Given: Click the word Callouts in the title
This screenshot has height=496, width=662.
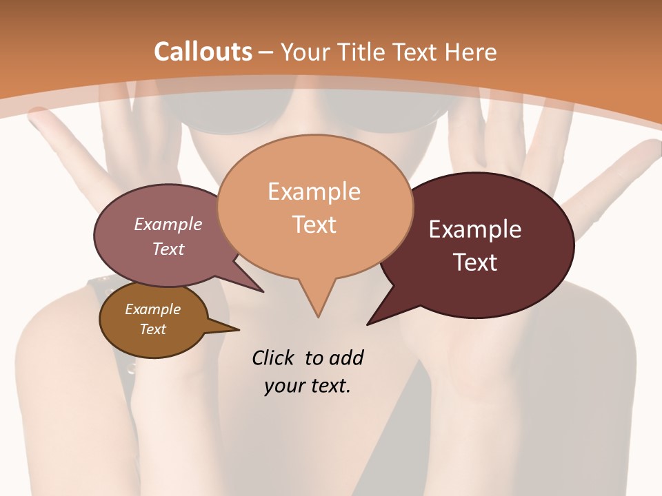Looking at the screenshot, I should pyautogui.click(x=203, y=52).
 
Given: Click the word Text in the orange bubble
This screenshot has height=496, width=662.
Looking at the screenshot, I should pyautogui.click(x=314, y=224).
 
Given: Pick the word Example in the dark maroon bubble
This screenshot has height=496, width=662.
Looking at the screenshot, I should pyautogui.click(x=475, y=229).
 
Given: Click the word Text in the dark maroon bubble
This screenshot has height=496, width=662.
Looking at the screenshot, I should pyautogui.click(x=476, y=262).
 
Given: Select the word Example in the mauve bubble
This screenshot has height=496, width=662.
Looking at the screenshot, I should pyautogui.click(x=168, y=224).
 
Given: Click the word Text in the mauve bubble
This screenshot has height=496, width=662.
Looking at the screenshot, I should pyautogui.click(x=168, y=249).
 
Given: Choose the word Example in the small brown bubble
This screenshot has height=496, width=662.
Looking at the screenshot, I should pyautogui.click(x=152, y=309).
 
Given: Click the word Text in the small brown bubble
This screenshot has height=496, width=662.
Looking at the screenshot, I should pyautogui.click(x=152, y=329).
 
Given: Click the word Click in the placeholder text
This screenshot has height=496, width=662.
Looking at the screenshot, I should pyautogui.click(x=274, y=358).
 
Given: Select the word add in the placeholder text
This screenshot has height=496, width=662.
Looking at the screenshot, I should pyautogui.click(x=346, y=358).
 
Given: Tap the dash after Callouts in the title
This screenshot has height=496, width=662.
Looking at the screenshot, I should pyautogui.click(x=266, y=52).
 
